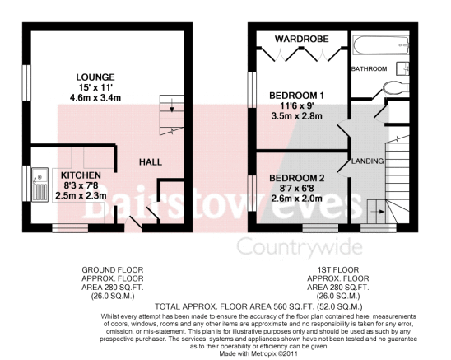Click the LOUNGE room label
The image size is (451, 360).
(95, 77)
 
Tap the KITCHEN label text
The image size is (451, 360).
(81, 175)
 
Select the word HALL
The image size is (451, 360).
(151, 162)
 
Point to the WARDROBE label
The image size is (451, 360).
(302, 39)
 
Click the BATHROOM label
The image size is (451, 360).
(369, 69)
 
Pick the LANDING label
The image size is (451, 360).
(368, 161)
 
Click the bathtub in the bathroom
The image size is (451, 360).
(381, 45)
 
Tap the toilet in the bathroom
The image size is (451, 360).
(396, 87)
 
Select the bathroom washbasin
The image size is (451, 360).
(402, 68)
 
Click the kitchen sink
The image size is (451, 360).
(40, 185)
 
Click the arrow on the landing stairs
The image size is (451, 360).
(378, 212)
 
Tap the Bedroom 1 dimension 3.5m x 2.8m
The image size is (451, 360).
(296, 116)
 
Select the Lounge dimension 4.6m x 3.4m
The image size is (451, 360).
(95, 98)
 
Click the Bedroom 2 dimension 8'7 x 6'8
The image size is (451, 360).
(296, 189)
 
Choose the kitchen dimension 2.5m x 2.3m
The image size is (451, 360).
(81, 196)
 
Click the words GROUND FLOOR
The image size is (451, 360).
(113, 270)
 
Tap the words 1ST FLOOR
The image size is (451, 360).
(338, 270)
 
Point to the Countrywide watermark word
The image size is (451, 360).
(300, 248)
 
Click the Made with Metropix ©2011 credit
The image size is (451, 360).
(258, 353)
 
